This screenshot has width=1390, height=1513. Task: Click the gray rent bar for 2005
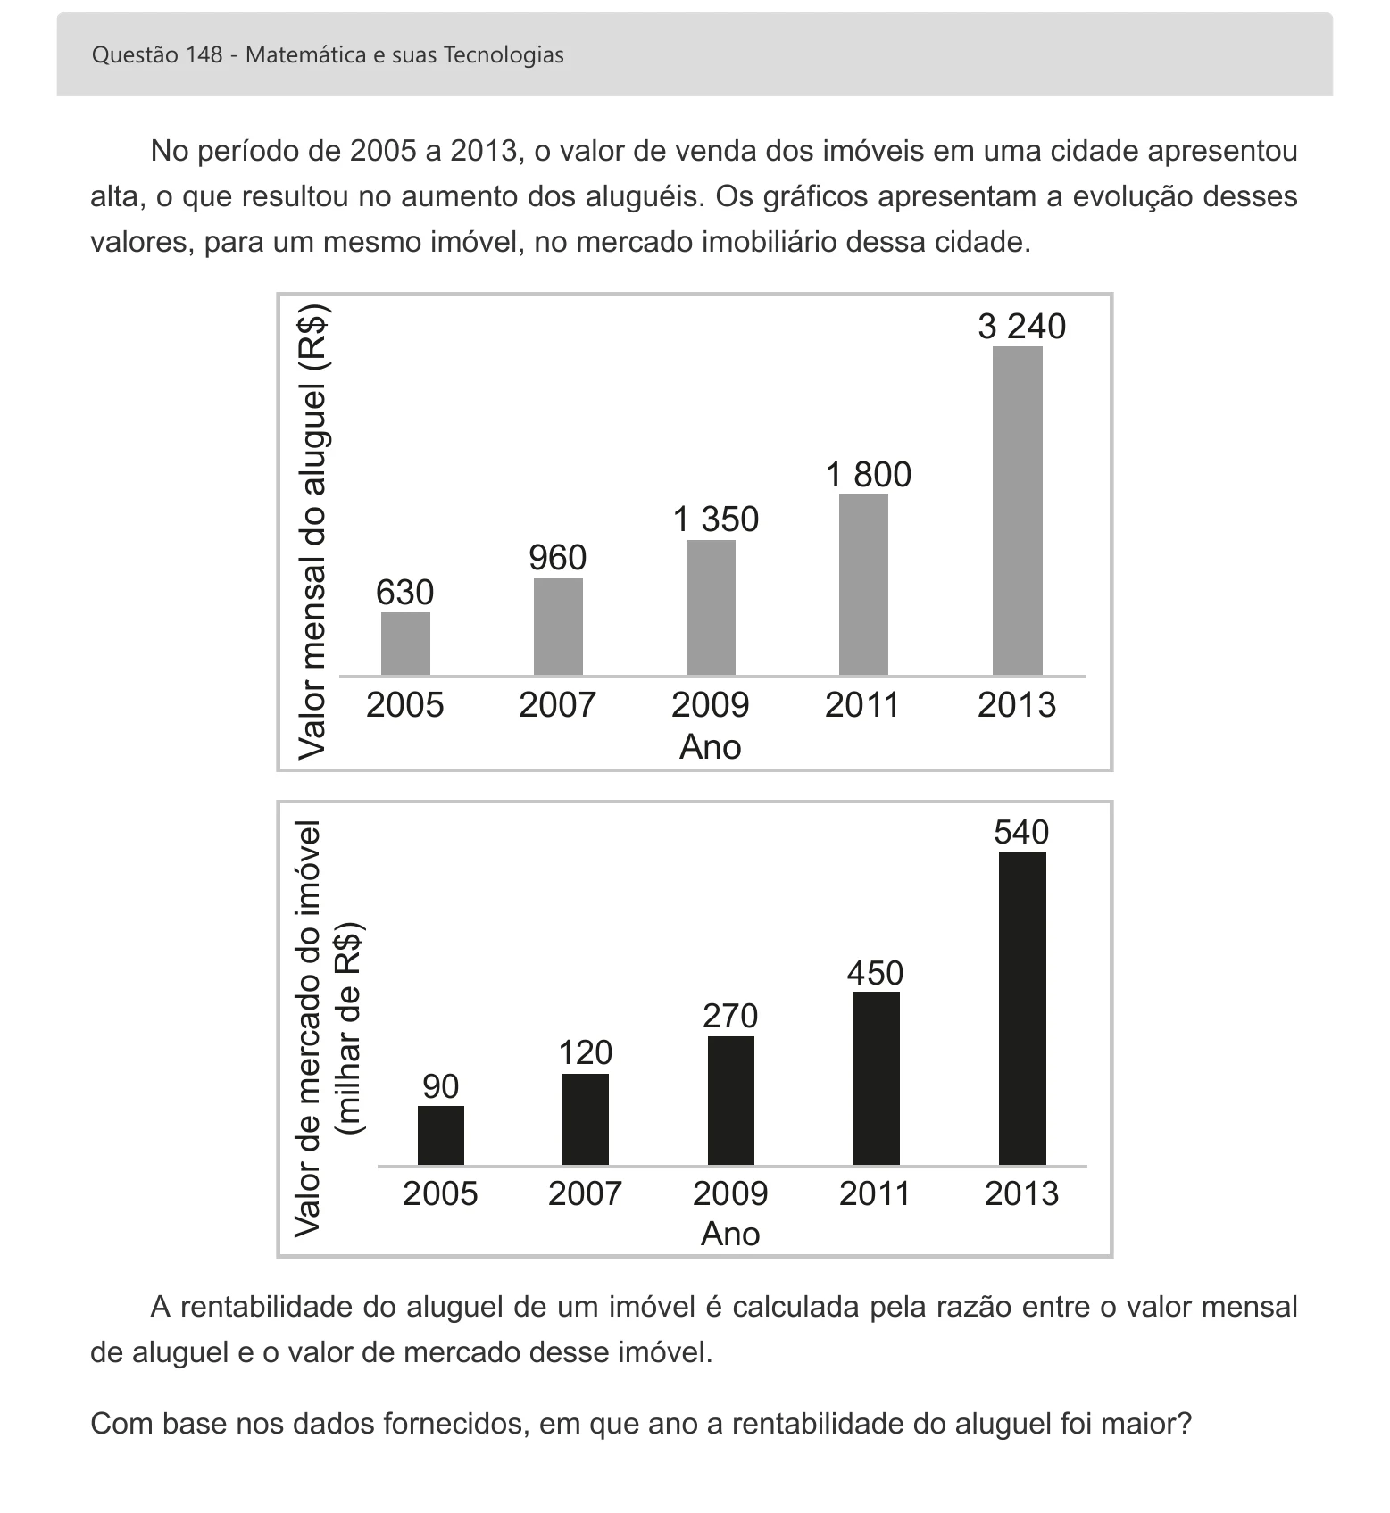coord(405,644)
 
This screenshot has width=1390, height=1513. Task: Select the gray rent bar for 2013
coord(1018,511)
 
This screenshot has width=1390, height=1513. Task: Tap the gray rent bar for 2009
coord(711,608)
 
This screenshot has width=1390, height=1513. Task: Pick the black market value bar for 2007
coord(586,1119)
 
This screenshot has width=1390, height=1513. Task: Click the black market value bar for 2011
coord(876,1078)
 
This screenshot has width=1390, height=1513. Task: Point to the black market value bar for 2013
coord(1022,1009)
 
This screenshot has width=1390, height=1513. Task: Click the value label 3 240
coord(1021,327)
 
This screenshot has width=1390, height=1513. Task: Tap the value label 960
coord(558,558)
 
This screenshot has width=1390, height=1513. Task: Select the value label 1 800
coord(869,475)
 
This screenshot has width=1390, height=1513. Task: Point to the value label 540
coord(1021,832)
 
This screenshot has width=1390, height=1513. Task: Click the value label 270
coord(730,1016)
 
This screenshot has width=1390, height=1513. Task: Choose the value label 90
coord(441,1086)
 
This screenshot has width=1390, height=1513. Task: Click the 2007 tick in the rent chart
coord(557,705)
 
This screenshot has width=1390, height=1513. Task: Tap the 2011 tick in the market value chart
coord(875,1193)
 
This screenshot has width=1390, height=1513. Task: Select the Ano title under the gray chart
coord(711,747)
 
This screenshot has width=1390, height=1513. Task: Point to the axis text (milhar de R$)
coord(349,1027)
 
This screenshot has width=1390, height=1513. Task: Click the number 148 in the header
coord(204,55)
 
